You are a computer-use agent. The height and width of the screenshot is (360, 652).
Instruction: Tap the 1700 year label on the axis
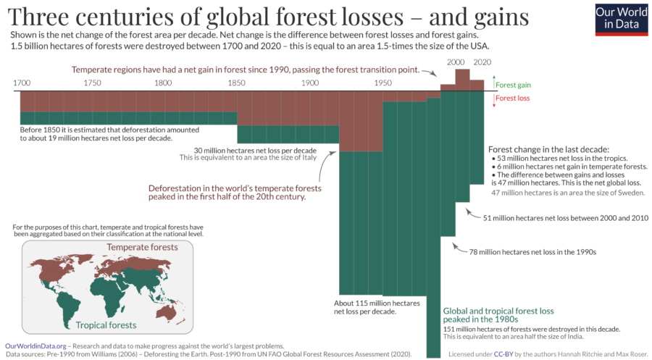coord(22,83)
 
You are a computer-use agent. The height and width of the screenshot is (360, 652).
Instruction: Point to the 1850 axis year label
coord(237,83)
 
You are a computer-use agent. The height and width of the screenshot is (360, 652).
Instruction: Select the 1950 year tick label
coord(383,83)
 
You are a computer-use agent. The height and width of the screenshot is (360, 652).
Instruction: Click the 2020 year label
coord(481,63)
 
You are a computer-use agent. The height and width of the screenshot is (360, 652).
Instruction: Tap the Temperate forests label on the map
coord(142,248)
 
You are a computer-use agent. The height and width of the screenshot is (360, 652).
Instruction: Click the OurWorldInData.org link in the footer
coord(36,346)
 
